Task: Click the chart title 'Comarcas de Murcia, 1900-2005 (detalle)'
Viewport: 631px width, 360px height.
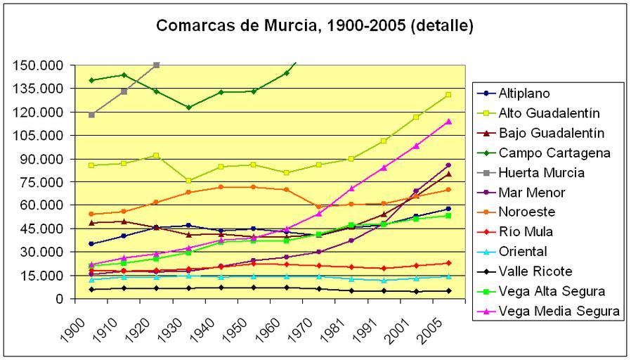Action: coord(315,27)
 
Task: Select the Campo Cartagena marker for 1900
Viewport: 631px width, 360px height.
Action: coord(91,80)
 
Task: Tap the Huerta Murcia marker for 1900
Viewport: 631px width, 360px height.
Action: coord(91,115)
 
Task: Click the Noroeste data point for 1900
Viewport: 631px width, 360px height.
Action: coord(91,214)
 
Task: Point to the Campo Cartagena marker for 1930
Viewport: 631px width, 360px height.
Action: coord(188,108)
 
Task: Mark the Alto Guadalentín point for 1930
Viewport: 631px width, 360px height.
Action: coord(188,181)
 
